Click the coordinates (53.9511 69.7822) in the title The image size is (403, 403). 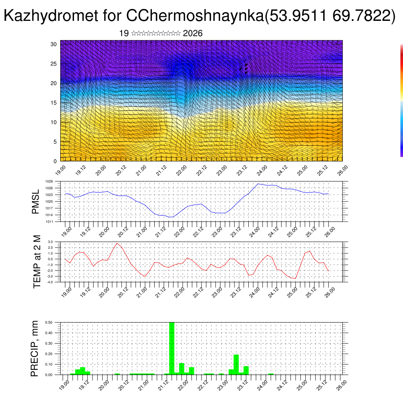pos(331,16)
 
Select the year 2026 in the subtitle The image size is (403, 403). pos(193,33)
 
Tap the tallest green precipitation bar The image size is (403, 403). pos(172,348)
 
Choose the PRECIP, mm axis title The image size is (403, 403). pos(35,348)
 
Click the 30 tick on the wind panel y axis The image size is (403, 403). pos(54,44)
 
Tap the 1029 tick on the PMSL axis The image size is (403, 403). pos(49,181)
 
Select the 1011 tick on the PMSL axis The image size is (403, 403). pos(49,222)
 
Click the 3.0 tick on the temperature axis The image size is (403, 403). pos(50,242)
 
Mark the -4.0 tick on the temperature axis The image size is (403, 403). pos(50,282)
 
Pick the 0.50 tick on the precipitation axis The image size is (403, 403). pos(49,322)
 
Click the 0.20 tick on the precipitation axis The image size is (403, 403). pos(49,354)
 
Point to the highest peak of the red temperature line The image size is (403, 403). pos(116,243)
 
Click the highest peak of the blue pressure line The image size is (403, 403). pos(258,184)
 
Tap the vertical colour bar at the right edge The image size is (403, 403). pos(401,100)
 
